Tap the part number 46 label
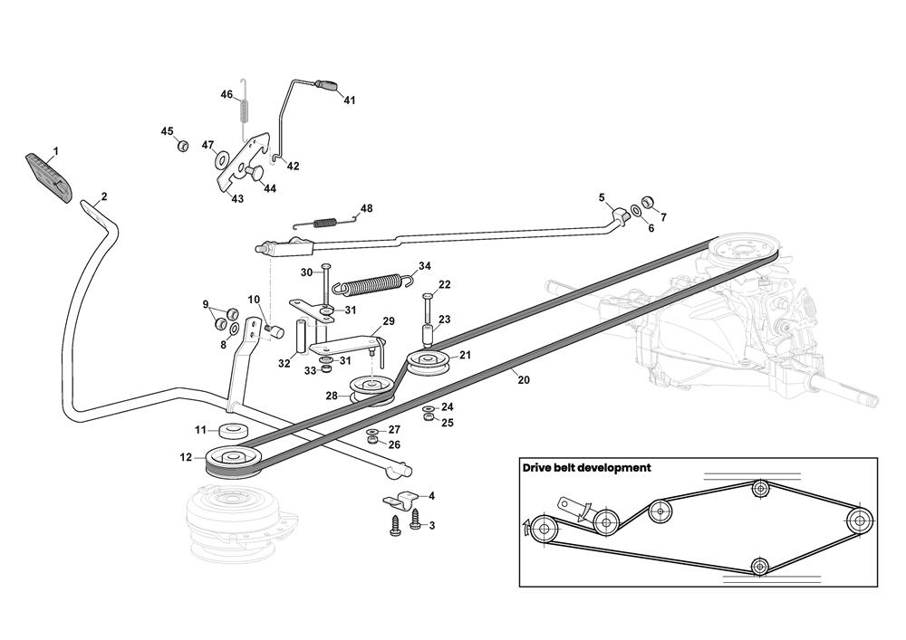click(227, 94)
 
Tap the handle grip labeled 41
click(328, 86)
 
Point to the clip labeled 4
click(398, 499)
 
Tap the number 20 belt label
click(523, 380)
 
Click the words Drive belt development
click(586, 468)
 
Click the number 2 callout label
click(104, 196)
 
